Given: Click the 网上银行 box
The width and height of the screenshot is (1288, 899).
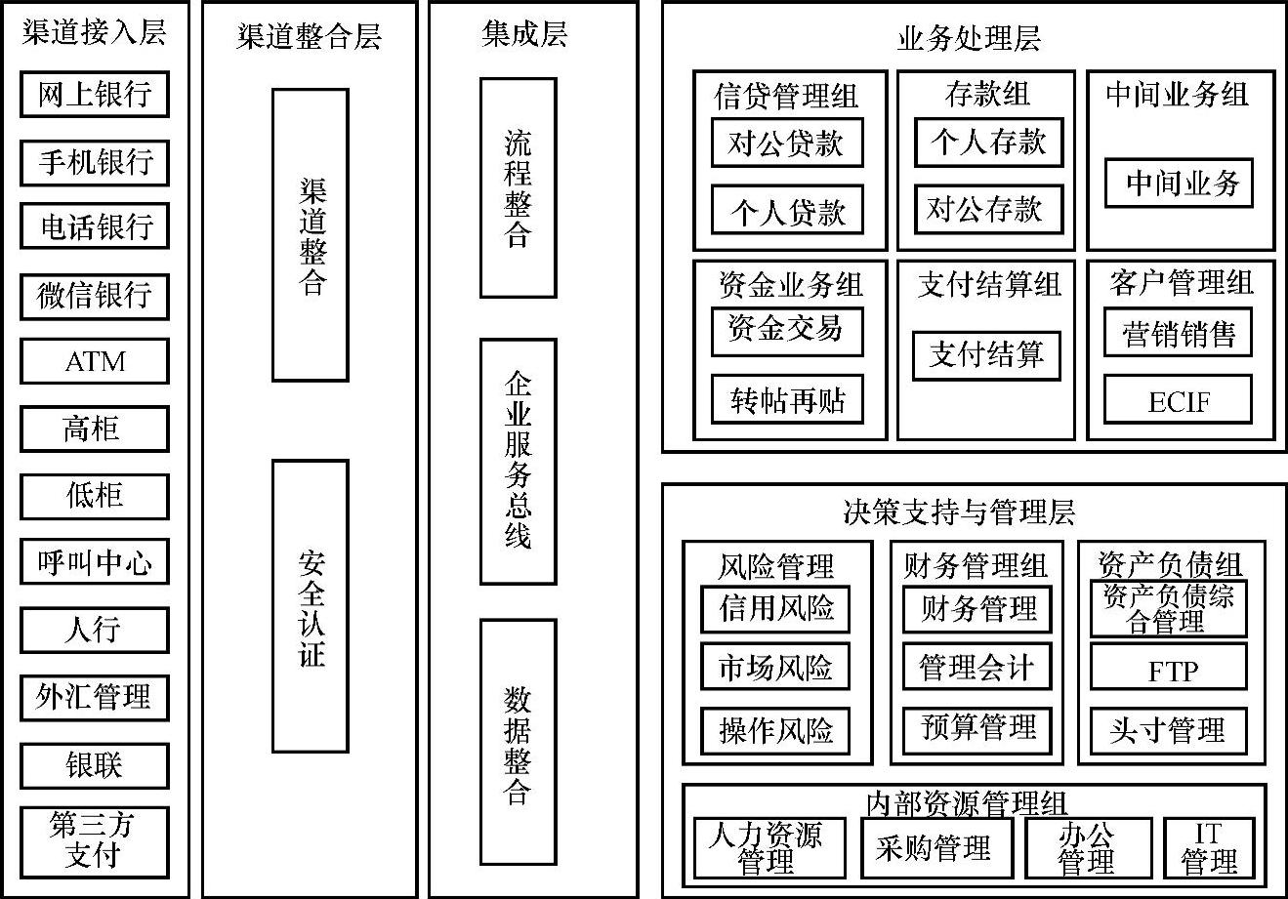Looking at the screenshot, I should [95, 95].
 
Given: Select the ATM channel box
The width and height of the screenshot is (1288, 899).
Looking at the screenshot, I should [95, 361].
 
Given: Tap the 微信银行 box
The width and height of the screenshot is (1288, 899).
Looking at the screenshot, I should [95, 296].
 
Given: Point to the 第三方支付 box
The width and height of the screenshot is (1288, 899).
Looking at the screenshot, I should [95, 840].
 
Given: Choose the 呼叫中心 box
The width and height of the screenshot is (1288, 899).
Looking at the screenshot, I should [95, 563].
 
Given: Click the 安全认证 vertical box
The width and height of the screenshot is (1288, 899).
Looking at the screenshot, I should [311, 606].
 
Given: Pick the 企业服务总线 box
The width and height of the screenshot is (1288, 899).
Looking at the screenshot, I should [518, 461].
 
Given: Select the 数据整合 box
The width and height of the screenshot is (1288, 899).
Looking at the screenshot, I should [518, 742].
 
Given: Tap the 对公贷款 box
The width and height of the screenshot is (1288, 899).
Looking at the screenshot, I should [786, 143].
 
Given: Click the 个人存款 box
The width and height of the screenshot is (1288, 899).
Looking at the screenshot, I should [987, 143].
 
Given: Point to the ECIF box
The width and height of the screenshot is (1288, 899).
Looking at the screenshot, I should [1178, 401].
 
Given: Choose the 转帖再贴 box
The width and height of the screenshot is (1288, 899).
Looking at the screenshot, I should [786, 400].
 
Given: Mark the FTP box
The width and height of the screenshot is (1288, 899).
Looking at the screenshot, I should [1169, 671].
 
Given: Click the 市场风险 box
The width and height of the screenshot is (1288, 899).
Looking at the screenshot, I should [775, 669].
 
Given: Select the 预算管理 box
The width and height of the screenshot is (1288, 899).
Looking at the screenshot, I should [977, 728].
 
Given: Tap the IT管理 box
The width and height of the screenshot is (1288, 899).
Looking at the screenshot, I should [1209, 847].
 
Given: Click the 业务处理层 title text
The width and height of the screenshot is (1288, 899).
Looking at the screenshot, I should [968, 38].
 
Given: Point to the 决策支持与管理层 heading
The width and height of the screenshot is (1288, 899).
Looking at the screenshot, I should [958, 511].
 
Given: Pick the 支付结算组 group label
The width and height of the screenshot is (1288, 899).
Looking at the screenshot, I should [988, 285].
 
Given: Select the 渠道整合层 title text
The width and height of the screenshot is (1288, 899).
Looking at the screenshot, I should [309, 37].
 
